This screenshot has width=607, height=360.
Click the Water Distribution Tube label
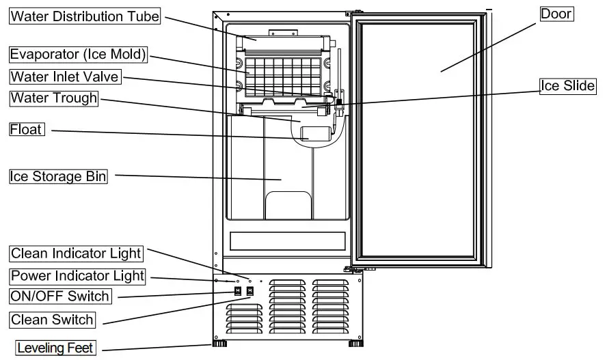click(x=85, y=16)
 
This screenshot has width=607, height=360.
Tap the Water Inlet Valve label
click(x=65, y=77)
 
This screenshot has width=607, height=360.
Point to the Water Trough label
click(x=54, y=98)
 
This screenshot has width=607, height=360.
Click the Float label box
click(x=27, y=129)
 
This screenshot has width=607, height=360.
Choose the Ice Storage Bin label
click(x=59, y=176)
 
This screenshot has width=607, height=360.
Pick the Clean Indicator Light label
click(x=76, y=253)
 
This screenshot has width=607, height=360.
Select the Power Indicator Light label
click(x=77, y=276)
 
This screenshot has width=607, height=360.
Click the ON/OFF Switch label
click(x=59, y=296)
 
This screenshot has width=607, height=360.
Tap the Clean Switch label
click(x=52, y=319)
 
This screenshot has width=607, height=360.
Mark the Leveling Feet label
click(x=55, y=348)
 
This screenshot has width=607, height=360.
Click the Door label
click(x=556, y=14)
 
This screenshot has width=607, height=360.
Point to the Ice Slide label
click(x=567, y=86)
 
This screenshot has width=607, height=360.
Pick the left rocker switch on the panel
click(x=239, y=292)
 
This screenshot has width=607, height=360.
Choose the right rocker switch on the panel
click(x=250, y=292)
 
